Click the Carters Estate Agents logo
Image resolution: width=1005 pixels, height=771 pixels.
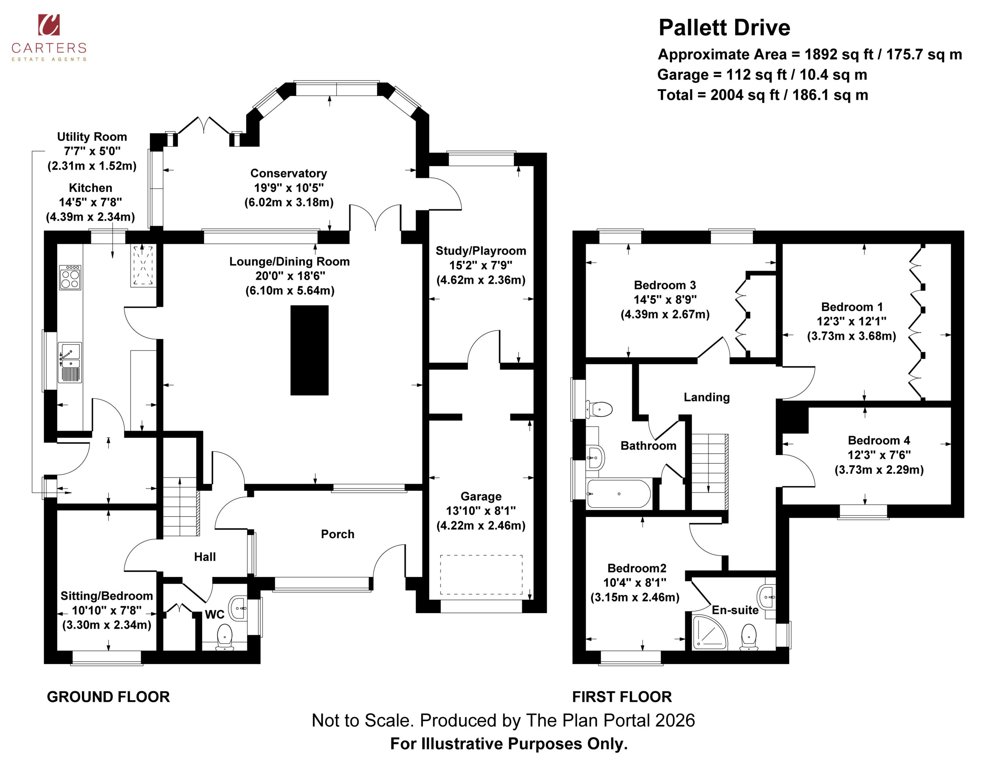(49, 38)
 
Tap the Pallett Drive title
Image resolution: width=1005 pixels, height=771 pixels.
(724, 28)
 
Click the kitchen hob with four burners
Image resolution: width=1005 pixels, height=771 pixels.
(70, 277)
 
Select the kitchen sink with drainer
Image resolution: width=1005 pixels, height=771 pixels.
(70, 363)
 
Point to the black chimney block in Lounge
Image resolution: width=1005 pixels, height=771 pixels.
(309, 350)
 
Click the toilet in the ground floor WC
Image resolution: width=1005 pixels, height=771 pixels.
(225, 638)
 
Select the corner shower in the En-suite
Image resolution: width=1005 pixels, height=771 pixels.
(710, 633)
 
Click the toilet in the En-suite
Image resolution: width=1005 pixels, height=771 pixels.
(749, 637)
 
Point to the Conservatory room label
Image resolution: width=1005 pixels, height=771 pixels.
(289, 173)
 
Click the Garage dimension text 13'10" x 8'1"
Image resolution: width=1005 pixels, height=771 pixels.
(481, 511)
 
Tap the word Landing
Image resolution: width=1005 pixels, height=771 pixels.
(707, 397)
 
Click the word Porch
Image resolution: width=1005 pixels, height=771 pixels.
(338, 534)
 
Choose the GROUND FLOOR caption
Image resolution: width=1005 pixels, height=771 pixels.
(108, 697)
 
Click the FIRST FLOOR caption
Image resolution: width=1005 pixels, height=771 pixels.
(622, 697)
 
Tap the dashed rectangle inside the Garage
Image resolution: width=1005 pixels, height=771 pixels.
(481, 575)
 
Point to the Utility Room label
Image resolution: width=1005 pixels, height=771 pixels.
(92, 137)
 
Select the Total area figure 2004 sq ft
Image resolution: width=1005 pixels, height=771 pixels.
(762, 95)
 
